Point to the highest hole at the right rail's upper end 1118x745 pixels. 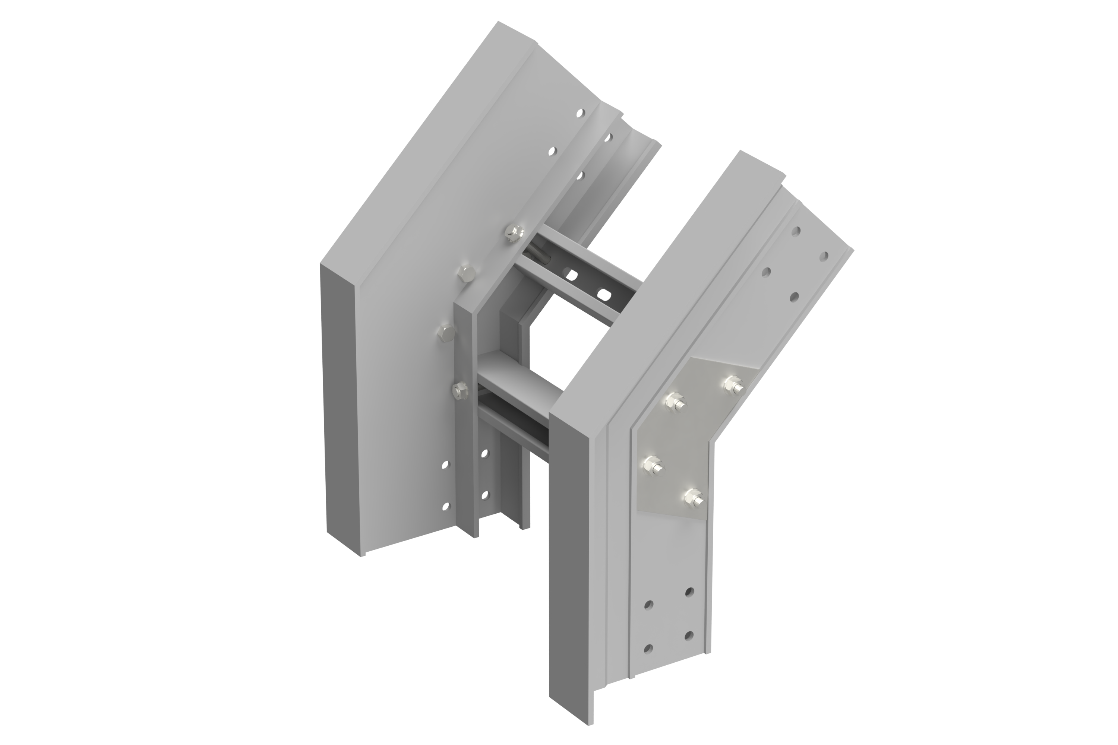(795, 231)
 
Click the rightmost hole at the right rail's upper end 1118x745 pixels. (824, 257)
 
